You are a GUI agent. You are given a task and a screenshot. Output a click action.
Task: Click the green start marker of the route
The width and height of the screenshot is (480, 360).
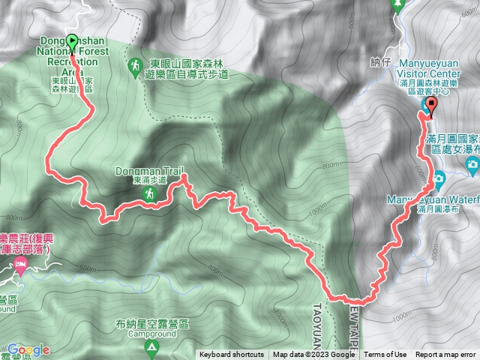point(72,42)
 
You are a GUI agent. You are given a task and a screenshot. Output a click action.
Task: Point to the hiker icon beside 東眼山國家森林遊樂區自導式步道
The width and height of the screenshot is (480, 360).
point(134,68)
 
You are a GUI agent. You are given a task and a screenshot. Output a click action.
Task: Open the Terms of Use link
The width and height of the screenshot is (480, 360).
point(385,355)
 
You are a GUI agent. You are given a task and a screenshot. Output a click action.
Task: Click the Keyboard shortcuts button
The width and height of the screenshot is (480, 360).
point(232,355)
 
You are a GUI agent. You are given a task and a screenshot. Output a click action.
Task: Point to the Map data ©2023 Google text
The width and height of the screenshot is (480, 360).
point(313,355)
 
